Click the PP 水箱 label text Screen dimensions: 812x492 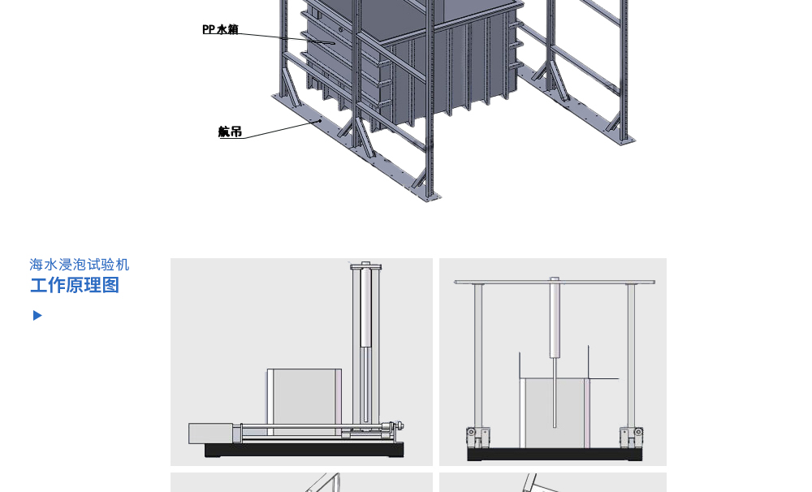(220, 29)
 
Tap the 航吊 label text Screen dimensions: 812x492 (230, 132)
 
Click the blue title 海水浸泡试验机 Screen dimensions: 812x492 (80, 265)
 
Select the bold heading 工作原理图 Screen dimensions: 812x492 (75, 285)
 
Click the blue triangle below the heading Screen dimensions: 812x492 (37, 315)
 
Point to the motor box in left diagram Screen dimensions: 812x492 (210, 434)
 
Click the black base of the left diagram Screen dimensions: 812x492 (304, 450)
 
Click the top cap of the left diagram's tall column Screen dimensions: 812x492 (366, 266)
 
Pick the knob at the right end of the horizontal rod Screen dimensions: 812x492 (400, 426)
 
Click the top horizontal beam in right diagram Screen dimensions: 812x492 (555, 282)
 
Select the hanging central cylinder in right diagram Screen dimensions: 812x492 (555, 318)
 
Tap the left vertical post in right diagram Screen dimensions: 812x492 (478, 356)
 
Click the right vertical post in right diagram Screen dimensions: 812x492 (631, 356)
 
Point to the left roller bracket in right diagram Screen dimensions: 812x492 (478, 437)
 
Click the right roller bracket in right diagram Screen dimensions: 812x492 (632, 437)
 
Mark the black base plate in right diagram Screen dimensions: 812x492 (555, 454)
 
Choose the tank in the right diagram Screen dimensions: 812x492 (555, 412)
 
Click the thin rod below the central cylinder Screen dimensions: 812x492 (555, 393)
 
